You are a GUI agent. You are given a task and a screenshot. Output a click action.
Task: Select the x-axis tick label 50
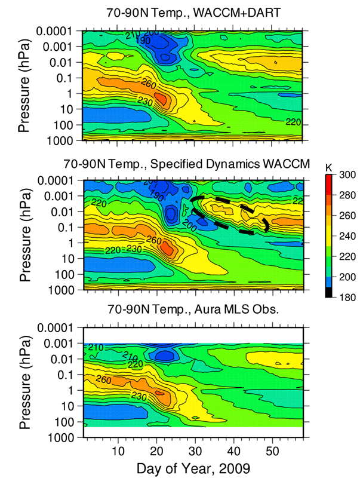point(273,449)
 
